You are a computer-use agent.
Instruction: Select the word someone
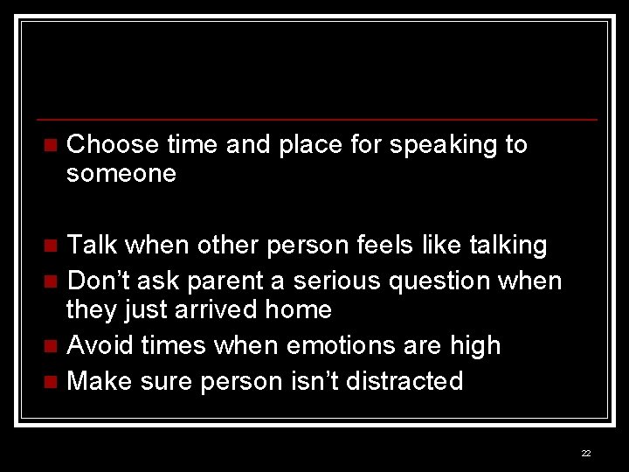[121, 174]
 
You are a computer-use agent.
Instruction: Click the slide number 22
[585, 453]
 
